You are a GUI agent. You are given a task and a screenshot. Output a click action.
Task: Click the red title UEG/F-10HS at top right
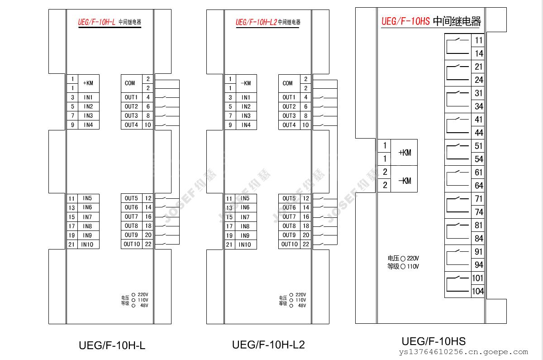405,21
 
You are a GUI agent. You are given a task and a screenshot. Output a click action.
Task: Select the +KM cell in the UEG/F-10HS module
404,153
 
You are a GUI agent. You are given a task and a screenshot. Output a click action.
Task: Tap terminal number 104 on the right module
477,291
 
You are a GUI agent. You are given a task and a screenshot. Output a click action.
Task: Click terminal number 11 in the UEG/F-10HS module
478,40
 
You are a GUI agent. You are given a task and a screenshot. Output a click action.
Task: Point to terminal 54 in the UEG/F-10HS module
478,159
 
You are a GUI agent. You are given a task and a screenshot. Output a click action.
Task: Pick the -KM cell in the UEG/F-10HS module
404,181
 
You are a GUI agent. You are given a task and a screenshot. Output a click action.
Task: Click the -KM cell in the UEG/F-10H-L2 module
246,83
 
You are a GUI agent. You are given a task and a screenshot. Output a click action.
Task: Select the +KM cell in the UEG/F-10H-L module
88,83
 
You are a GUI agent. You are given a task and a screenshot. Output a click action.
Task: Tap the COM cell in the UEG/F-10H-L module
130,83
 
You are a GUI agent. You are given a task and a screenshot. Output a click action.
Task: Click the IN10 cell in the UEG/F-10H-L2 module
245,245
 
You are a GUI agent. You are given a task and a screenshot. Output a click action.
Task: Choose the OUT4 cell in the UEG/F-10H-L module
131,125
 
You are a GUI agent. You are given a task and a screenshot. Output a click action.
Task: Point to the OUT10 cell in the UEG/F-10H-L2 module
289,245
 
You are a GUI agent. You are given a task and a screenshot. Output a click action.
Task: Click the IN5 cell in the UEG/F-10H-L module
87,198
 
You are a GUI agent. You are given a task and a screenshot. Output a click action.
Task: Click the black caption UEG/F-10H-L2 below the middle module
268,345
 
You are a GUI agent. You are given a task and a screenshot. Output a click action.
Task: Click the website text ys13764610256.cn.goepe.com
464,352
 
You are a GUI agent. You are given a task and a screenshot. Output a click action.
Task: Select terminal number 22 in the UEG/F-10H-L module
148,245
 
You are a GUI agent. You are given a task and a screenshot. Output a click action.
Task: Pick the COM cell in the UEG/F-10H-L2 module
288,83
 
